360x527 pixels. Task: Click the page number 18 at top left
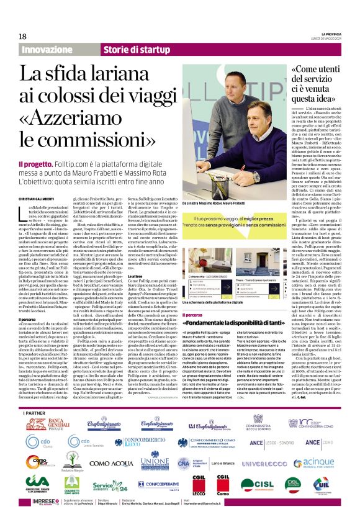click(23, 36)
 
